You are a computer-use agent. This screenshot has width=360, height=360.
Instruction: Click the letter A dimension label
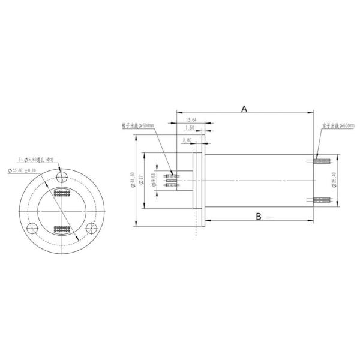[244, 109]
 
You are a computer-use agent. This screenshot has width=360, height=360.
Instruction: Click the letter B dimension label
[258, 216]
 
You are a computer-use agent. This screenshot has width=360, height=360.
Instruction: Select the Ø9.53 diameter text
[155, 179]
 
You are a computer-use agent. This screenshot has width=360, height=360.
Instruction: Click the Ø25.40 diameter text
[334, 179]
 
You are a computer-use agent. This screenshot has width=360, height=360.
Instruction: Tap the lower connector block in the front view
[62, 229]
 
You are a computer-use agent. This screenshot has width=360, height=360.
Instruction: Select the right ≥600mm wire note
[338, 126]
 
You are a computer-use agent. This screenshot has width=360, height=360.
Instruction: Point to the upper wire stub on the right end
[323, 160]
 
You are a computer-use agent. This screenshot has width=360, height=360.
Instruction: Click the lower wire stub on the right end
[323, 199]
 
